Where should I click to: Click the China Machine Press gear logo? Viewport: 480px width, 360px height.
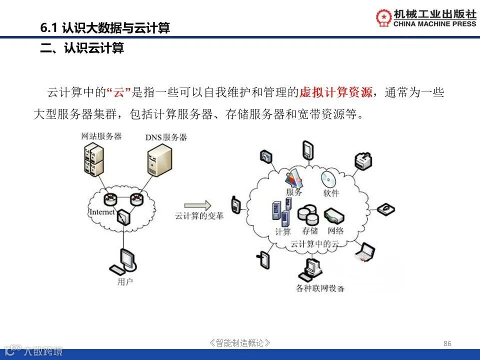384,17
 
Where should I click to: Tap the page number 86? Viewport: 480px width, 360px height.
447,343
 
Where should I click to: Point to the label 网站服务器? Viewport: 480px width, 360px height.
101,135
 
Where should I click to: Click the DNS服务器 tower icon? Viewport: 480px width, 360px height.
159,158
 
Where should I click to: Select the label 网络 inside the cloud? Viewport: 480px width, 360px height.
335,231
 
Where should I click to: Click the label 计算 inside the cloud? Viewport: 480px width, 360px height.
282,232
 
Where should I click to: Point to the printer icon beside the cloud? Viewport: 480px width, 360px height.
364,160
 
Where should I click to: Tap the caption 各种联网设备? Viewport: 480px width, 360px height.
320,288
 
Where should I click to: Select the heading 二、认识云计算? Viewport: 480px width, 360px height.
82,49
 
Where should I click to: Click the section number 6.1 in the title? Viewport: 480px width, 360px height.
49,28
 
